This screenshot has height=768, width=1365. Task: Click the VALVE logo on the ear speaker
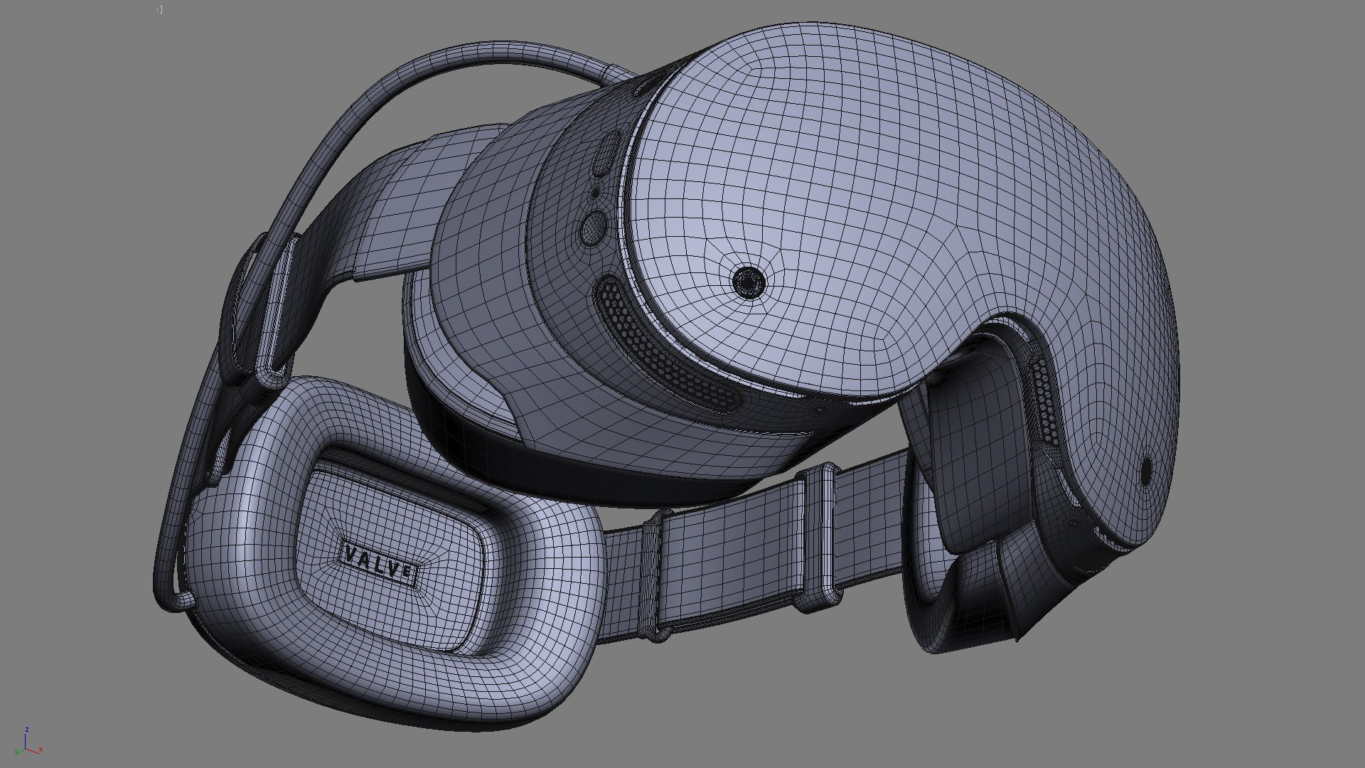380,562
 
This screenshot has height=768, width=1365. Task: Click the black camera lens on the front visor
749,282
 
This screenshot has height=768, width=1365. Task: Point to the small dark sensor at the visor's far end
1146,471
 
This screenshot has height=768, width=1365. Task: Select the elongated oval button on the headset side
606,154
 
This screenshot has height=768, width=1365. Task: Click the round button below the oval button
591,227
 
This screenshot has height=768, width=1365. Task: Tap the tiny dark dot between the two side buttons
595,192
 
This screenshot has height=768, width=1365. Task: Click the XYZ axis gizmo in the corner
27,743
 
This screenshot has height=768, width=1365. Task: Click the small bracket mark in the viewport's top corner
160,10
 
